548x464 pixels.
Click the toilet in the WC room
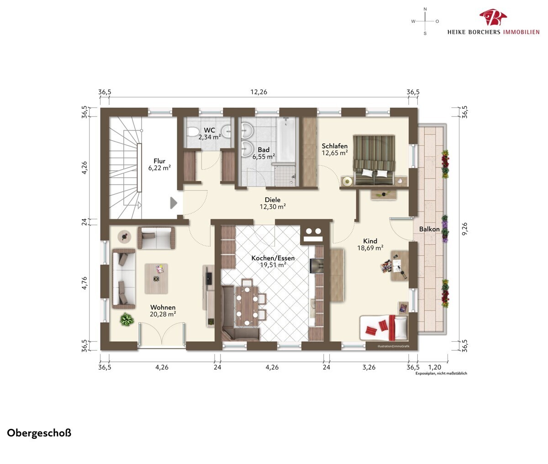tap(193, 132)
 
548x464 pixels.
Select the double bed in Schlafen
tap(374, 160)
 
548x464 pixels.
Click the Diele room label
tap(273, 200)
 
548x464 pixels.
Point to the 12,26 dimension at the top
tap(259, 92)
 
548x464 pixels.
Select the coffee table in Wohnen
tap(156, 279)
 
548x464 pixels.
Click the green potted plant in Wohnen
tap(127, 319)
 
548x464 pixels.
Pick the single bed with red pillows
tap(384, 328)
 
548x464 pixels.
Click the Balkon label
tap(429, 229)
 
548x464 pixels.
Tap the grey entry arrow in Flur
tap(174, 203)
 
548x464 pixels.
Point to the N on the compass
tap(425, 9)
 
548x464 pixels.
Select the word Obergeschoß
tap(39, 433)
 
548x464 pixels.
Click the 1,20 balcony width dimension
tap(435, 367)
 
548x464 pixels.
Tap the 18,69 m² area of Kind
tap(370, 248)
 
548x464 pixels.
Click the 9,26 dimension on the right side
tap(464, 228)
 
